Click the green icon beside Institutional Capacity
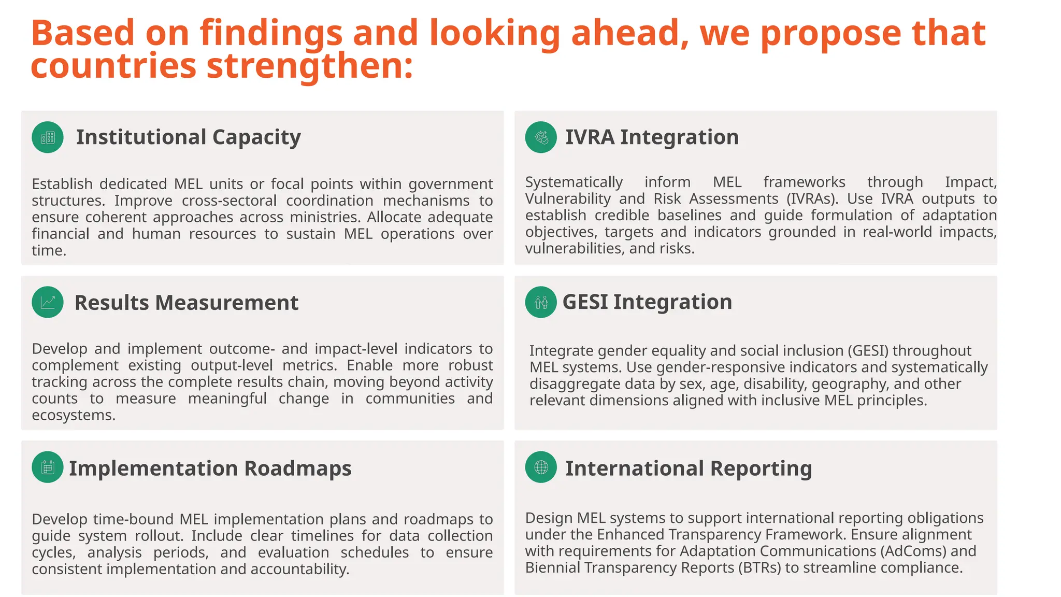click(48, 137)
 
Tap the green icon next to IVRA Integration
click(541, 137)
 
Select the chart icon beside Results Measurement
click(48, 302)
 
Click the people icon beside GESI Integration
click(541, 302)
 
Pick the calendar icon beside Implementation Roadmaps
click(48, 467)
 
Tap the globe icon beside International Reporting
click(541, 467)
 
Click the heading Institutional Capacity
click(188, 137)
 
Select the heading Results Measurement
click(187, 303)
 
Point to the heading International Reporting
click(689, 468)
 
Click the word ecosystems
click(73, 415)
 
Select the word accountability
click(300, 569)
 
